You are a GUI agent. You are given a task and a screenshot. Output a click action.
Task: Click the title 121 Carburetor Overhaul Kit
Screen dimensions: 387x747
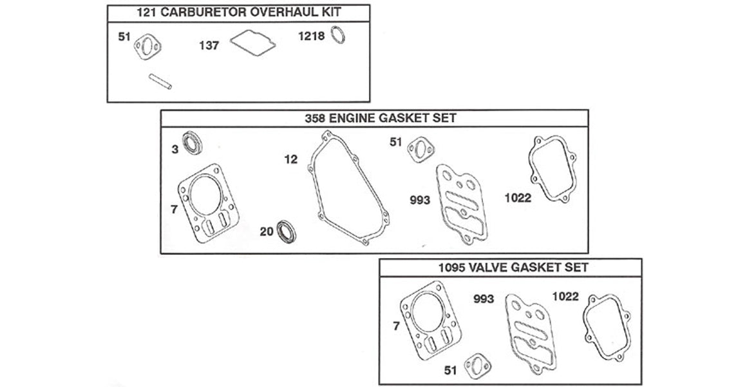[238, 12]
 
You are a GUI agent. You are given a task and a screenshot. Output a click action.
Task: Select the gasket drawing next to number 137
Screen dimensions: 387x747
[253, 42]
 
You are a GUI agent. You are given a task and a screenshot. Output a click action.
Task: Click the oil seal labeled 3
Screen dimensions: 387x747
[193, 143]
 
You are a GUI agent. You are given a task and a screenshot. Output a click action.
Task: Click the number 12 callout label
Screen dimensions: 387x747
[292, 159]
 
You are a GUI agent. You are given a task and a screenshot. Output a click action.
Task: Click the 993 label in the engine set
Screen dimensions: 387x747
[419, 200]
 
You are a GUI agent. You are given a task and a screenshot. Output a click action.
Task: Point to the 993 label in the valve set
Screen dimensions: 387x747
[483, 299]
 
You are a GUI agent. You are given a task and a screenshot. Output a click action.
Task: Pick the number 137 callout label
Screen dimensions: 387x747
[209, 46]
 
